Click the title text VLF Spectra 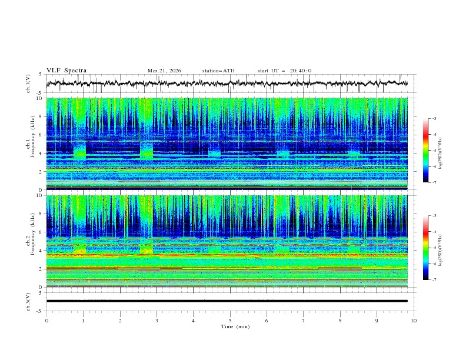pyautogui.click(x=66, y=71)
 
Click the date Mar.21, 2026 pyautogui.click(x=164, y=71)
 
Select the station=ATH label pyautogui.click(x=218, y=71)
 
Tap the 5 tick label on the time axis pyautogui.click(x=230, y=321)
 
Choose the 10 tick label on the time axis pyautogui.click(x=414, y=321)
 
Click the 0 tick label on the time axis pyautogui.click(x=46, y=321)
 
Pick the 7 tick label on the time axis pyautogui.click(x=304, y=321)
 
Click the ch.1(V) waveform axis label pyautogui.click(x=28, y=84)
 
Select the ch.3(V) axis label pyautogui.click(x=28, y=301)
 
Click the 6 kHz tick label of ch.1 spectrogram pyautogui.click(x=40, y=135)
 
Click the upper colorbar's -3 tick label pyautogui.click(x=434, y=119)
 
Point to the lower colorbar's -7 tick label pyautogui.click(x=434, y=280)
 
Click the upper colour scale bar pyautogui.click(x=425, y=151)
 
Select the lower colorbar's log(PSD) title pyautogui.click(x=441, y=248)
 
